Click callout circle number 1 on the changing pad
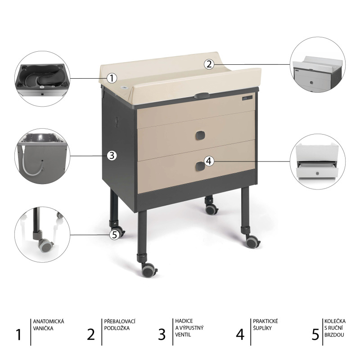(112, 78)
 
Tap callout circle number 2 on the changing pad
(208, 64)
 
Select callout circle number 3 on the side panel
(112, 156)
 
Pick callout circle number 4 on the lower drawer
(208, 161)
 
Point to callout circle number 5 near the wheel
(115, 234)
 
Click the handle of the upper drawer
(200, 135)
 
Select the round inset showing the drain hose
(42, 156)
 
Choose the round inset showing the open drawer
(318, 161)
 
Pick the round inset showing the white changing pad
(318, 64)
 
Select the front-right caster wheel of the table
(252, 242)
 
